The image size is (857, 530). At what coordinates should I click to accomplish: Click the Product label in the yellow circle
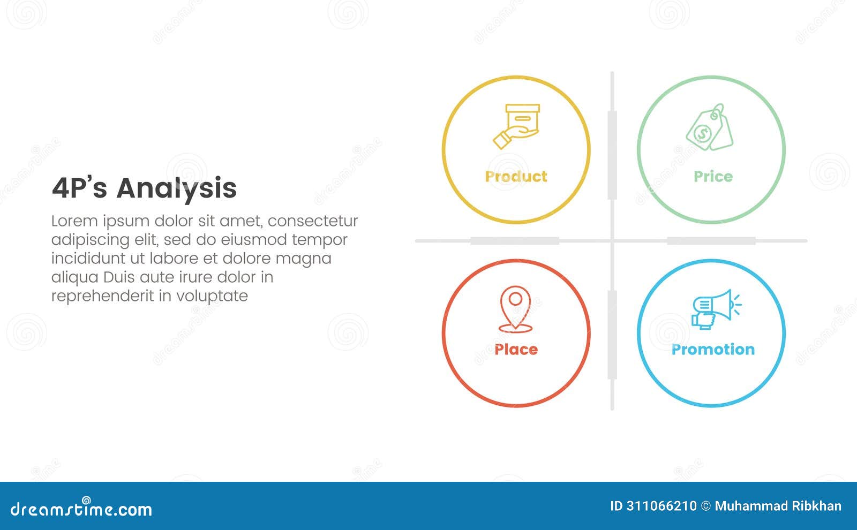tap(516, 177)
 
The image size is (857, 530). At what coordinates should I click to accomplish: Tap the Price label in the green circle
tap(712, 177)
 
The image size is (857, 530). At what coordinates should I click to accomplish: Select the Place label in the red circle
tap(516, 350)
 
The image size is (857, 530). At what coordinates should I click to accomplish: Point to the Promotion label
tap(713, 350)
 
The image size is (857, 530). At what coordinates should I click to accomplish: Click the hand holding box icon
tap(516, 126)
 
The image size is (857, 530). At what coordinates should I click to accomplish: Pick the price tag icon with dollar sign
tap(710, 127)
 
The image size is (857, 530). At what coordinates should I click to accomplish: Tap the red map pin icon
tap(515, 309)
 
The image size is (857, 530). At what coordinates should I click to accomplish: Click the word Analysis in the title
tap(176, 188)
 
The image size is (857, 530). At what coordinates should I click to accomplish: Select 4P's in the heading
tap(79, 188)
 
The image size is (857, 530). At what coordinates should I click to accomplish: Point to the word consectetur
tap(313, 221)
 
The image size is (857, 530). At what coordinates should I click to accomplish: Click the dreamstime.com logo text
tap(81, 509)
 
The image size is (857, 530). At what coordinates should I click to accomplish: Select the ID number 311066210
tap(661, 506)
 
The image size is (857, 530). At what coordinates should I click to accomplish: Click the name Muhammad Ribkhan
tap(778, 506)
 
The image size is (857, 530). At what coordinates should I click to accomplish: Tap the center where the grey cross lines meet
tap(612, 241)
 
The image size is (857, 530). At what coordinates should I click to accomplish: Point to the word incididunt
tap(85, 259)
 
